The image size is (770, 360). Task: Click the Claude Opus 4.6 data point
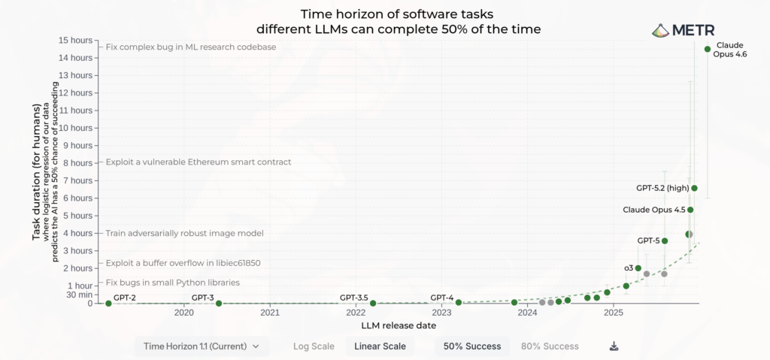[x=707, y=50]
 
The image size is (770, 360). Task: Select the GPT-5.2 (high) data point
[x=694, y=188]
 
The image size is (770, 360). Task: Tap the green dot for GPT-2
[x=108, y=303]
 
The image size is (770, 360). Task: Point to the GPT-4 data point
[x=458, y=302]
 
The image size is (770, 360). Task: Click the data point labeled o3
[x=638, y=268]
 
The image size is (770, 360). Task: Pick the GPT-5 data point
[x=664, y=241]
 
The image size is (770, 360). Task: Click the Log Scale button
[x=314, y=346]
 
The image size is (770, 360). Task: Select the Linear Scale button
[x=380, y=346]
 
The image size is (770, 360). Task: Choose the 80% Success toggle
[x=550, y=346]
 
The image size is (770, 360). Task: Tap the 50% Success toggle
[x=472, y=346]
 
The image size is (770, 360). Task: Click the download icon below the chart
[x=614, y=346]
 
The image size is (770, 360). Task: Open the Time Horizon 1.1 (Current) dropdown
[x=202, y=346]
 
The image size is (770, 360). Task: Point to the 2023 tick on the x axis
[x=441, y=313]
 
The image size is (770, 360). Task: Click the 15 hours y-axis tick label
[x=76, y=40]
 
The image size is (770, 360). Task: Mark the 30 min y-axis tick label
[x=80, y=295]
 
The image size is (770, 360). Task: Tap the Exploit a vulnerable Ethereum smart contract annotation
[x=198, y=162]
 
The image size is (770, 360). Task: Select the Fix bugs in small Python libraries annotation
[x=172, y=283]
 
